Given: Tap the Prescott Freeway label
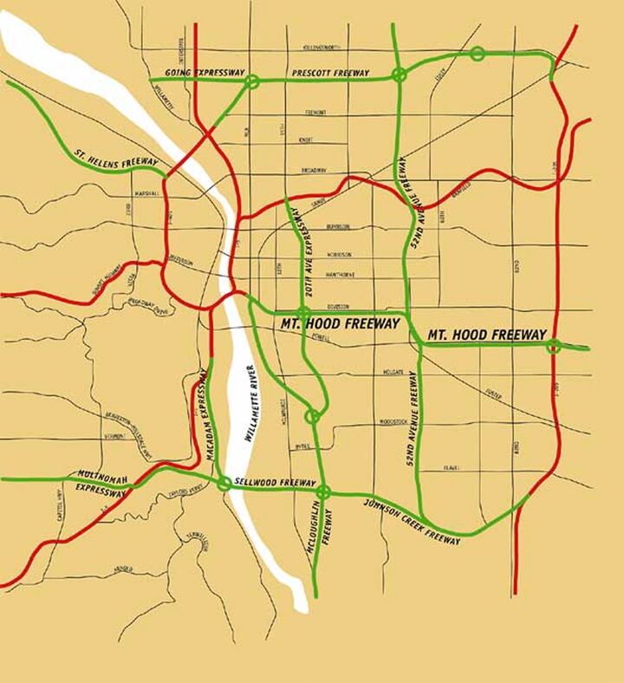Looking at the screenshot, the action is [x=330, y=73].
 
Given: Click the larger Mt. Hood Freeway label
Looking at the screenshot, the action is [x=340, y=324].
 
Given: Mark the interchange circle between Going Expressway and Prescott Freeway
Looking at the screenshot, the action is [x=252, y=81].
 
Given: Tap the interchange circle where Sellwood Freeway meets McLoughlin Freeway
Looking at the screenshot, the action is [x=323, y=493].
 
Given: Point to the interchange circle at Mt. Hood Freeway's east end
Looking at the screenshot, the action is [x=553, y=347].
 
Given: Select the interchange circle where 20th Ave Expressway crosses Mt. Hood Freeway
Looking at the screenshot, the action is [x=302, y=314].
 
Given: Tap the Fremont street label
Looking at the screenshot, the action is [x=315, y=113].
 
